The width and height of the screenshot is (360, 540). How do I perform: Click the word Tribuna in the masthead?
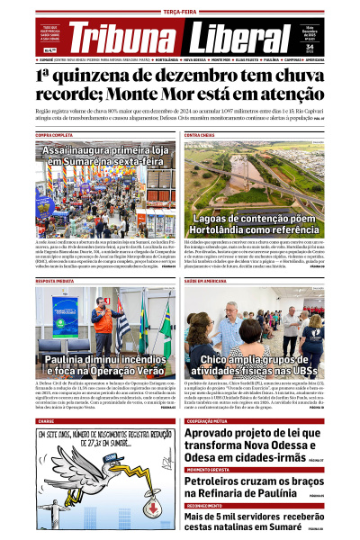(126, 38)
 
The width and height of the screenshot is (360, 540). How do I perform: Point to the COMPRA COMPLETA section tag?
(55, 134)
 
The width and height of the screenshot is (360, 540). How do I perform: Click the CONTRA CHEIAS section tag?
(201, 134)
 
